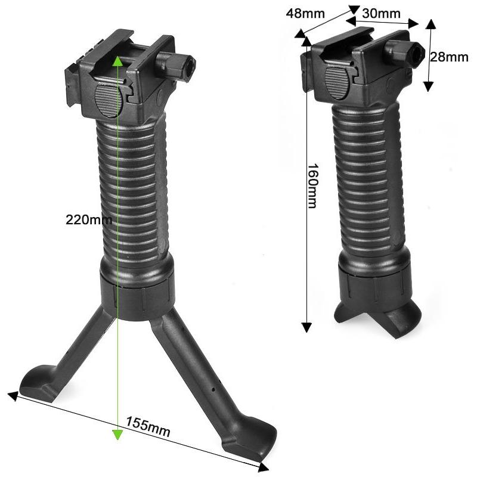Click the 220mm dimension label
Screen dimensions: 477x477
(89, 219)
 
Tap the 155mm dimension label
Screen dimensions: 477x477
(148, 426)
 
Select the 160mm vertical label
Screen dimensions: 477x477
(312, 186)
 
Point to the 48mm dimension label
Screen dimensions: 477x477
(305, 14)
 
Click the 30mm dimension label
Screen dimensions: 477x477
(381, 13)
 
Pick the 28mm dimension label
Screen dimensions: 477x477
(449, 57)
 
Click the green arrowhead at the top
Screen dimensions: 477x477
(117, 61)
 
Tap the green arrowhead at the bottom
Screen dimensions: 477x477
(117, 435)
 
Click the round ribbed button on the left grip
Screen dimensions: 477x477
(109, 101)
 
